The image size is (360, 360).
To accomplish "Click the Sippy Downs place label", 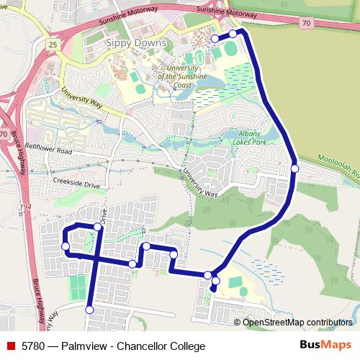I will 136,43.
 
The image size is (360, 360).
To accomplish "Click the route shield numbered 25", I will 53,45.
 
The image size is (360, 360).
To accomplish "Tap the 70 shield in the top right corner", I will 307,24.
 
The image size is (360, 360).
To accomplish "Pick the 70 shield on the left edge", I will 4,135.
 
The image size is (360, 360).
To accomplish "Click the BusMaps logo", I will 326,345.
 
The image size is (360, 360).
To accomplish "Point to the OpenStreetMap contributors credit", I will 297,322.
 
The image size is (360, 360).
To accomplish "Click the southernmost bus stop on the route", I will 89,310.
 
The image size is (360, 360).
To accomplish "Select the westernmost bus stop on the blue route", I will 66,246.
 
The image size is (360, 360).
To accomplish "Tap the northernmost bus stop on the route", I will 233,33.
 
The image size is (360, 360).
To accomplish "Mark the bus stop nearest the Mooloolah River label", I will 294,168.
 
